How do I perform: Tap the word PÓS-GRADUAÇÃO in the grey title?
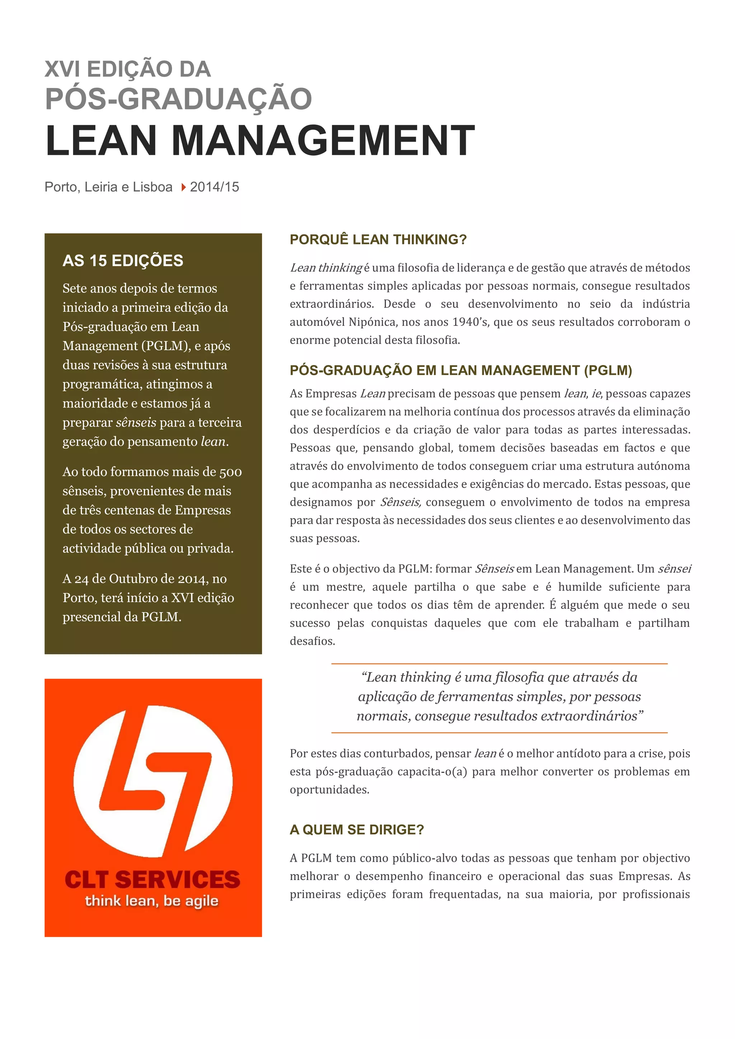pyautogui.click(x=178, y=99)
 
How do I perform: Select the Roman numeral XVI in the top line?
pyautogui.click(x=62, y=69)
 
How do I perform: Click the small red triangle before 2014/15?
pyautogui.click(x=183, y=187)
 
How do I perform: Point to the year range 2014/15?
pyautogui.click(x=215, y=187)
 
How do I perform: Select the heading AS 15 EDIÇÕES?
pyautogui.click(x=123, y=261)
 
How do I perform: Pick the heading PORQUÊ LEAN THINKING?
pyautogui.click(x=378, y=239)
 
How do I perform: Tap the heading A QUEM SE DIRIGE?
pyautogui.click(x=357, y=829)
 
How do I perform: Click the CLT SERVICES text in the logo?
pyautogui.click(x=153, y=879)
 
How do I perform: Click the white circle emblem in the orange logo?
pyautogui.click(x=153, y=781)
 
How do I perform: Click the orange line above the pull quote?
pyautogui.click(x=499, y=663)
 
